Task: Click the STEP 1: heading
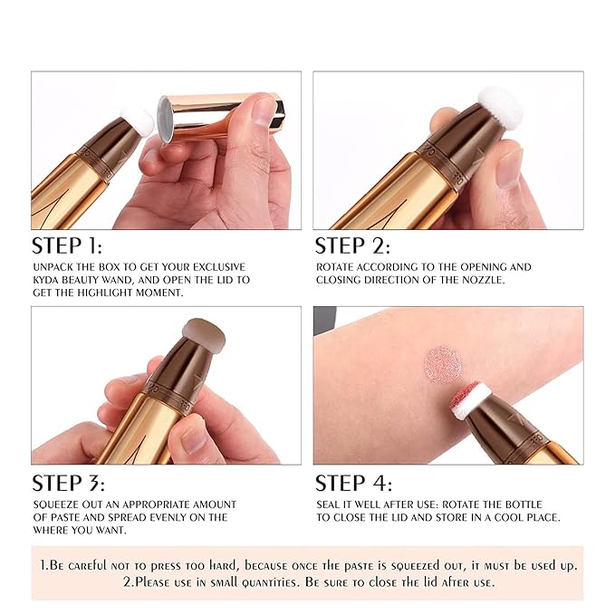pyautogui.click(x=67, y=245)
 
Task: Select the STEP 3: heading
pyautogui.click(x=68, y=483)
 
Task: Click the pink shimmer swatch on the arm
pyautogui.click(x=444, y=363)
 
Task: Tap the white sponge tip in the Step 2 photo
pyautogui.click(x=500, y=108)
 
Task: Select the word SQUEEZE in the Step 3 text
pyautogui.click(x=55, y=504)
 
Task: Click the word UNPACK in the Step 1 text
pyautogui.click(x=53, y=267)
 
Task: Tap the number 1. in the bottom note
pyautogui.click(x=46, y=565)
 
